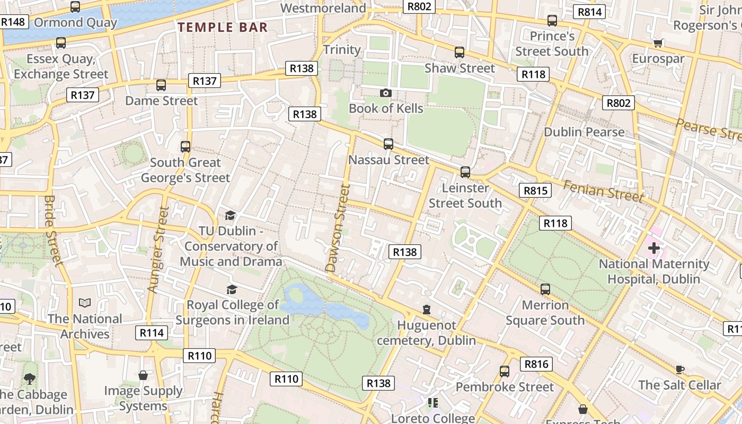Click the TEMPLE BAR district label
223,27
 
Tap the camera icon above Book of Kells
386,93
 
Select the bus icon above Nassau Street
388,144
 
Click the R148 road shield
13,22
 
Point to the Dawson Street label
338,228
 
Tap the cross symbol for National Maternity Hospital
654,248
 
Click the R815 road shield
535,191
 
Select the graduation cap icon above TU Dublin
230,215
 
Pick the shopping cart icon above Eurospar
658,43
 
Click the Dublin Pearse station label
584,132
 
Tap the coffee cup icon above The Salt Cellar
680,369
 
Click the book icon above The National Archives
85,303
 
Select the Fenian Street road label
603,191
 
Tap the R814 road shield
590,12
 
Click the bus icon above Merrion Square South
545,289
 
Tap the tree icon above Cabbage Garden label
30,379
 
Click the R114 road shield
152,333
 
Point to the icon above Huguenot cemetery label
427,310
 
